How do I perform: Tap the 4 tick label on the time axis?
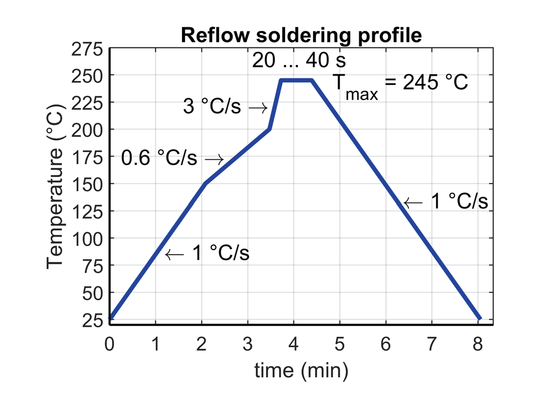[x=294, y=343]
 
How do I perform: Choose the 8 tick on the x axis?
[x=478, y=343]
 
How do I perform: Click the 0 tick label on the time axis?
[x=110, y=343]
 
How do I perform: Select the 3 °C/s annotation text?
[x=212, y=108]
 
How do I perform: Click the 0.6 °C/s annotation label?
[x=159, y=158]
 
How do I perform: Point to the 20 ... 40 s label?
[x=299, y=61]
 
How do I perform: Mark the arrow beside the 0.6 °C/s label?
[x=214, y=159]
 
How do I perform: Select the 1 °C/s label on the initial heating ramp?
[x=221, y=254]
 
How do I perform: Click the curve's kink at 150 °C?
[x=206, y=184]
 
